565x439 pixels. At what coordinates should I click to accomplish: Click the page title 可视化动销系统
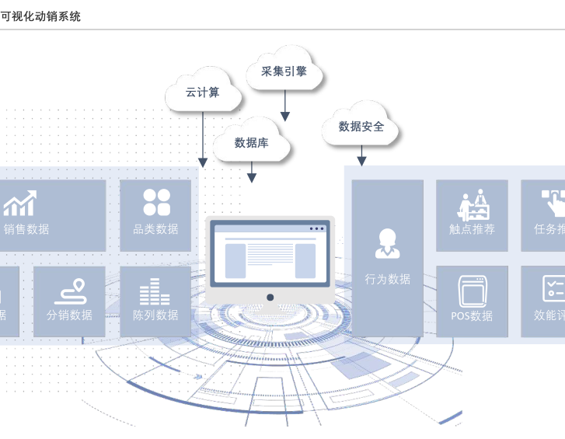tap(40, 16)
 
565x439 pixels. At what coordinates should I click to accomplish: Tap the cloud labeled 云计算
tap(202, 92)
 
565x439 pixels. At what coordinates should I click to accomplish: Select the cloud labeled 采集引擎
tap(284, 71)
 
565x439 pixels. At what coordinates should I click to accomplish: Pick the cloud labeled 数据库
tap(251, 142)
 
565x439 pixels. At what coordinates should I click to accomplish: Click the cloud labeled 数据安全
tap(361, 126)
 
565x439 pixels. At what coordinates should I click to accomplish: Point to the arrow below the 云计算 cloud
tap(202, 140)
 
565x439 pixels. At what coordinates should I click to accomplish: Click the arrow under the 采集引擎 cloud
tap(284, 106)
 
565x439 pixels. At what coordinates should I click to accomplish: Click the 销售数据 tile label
tap(26, 229)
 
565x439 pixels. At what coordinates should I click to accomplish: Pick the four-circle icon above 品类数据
tap(156, 202)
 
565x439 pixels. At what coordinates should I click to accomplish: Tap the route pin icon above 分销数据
tap(69, 291)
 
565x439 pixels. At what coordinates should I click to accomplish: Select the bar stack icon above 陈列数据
tap(155, 291)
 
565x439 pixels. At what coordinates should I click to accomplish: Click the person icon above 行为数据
tap(387, 243)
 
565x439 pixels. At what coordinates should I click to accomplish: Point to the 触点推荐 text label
tap(472, 229)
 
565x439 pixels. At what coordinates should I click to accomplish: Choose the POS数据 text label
tap(472, 315)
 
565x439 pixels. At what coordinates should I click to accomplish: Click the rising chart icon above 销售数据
tap(20, 204)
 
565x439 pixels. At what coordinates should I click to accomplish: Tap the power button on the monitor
tap(270, 297)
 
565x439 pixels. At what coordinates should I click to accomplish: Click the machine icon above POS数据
tap(472, 291)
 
